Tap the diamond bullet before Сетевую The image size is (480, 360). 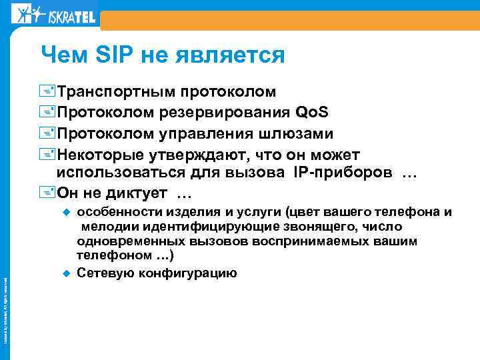pyautogui.click(x=66, y=273)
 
